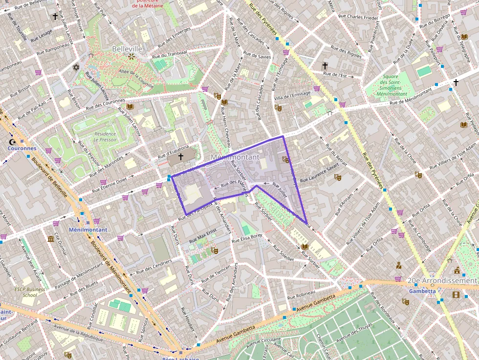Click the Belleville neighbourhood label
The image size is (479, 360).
tap(127, 49)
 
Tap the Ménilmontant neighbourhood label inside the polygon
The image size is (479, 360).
tap(235, 157)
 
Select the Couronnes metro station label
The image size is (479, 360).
tap(22, 148)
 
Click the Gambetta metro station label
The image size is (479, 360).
tap(423, 291)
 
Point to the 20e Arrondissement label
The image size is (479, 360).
tap(442, 281)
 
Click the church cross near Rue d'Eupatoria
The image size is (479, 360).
tap(180, 156)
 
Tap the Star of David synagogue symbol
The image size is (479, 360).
tap(75, 67)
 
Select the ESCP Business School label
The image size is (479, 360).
tap(29, 292)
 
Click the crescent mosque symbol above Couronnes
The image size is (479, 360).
tap(12, 142)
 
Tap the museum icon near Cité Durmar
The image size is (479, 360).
tap(51, 238)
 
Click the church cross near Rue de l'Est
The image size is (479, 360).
tap(325, 65)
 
